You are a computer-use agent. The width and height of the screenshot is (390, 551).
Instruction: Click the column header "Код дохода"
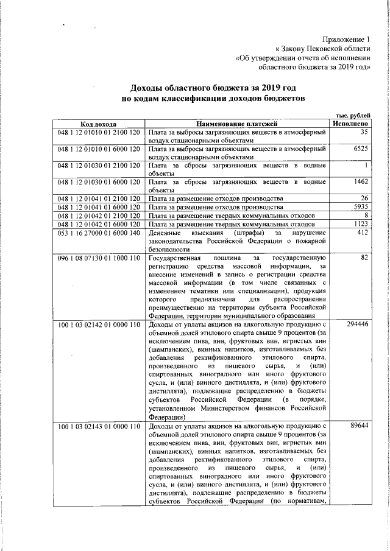[98, 124]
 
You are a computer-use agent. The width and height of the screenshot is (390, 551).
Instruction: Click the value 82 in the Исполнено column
[365, 258]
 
